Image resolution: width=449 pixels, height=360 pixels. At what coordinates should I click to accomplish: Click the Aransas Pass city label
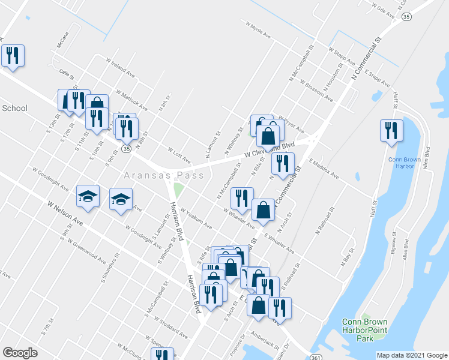164,175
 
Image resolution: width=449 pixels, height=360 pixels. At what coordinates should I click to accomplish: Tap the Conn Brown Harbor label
402,163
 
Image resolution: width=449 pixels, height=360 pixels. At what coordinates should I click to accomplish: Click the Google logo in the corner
20,353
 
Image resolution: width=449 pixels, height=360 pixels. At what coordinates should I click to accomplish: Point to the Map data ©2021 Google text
412,355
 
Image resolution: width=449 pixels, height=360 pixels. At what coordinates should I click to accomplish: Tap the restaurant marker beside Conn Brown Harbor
391,131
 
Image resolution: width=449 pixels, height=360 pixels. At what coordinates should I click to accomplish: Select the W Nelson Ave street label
65,213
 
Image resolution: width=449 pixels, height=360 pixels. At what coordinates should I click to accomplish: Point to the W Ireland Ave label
120,66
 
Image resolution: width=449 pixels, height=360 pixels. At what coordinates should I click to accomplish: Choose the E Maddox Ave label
324,169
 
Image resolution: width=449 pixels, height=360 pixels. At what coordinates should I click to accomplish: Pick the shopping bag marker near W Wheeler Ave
263,209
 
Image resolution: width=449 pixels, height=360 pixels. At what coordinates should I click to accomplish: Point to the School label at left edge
14,108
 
